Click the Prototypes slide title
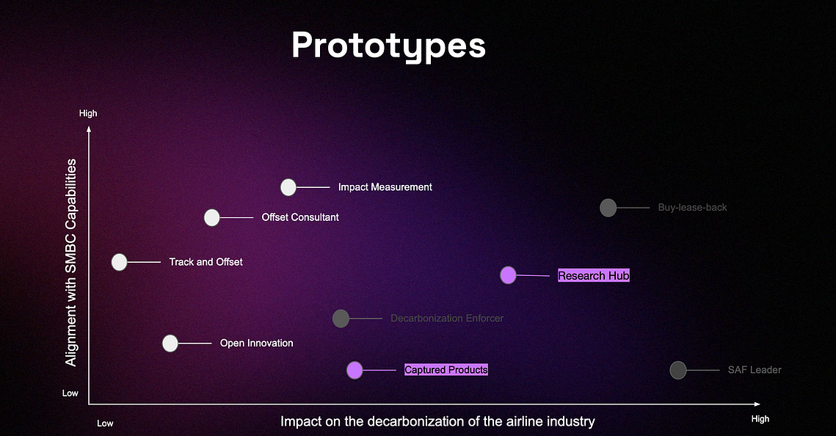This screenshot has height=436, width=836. pyautogui.click(x=389, y=46)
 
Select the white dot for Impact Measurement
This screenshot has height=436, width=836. pyautogui.click(x=288, y=187)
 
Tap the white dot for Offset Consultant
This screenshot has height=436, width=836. pyautogui.click(x=211, y=217)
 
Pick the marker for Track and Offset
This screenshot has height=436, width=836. pyautogui.click(x=120, y=262)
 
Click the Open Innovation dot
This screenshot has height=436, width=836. pyautogui.click(x=170, y=344)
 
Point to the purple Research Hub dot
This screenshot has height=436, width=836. pyautogui.click(x=508, y=275)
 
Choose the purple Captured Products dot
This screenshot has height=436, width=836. pyautogui.click(x=355, y=370)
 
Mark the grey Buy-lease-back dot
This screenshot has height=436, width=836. pyautogui.click(x=608, y=208)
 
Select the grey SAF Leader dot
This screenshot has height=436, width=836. pyautogui.click(x=678, y=370)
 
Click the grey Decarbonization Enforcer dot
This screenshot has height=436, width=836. pyautogui.click(x=341, y=319)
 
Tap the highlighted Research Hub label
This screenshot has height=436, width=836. pyautogui.click(x=593, y=275)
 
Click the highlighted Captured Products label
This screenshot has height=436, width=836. pyautogui.click(x=446, y=370)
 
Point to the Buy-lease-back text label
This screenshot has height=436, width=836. pyautogui.click(x=693, y=208)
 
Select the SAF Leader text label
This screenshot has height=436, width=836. pyautogui.click(x=755, y=370)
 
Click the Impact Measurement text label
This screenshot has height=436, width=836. pyautogui.click(x=385, y=187)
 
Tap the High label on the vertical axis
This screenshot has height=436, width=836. pyautogui.click(x=88, y=113)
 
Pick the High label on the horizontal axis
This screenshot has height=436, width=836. pyautogui.click(x=760, y=419)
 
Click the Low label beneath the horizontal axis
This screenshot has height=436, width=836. pyautogui.click(x=105, y=424)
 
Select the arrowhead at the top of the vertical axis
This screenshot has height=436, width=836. pyautogui.click(x=89, y=128)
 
